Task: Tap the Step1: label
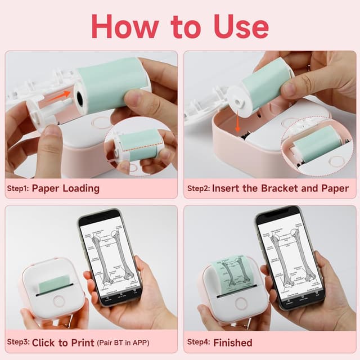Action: click(18, 188)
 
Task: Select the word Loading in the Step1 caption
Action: click(80, 188)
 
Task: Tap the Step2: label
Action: click(198, 188)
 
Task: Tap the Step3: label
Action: click(19, 342)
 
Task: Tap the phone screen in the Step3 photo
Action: click(111, 256)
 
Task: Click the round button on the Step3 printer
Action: click(58, 304)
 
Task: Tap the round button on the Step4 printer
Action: click(241, 304)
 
